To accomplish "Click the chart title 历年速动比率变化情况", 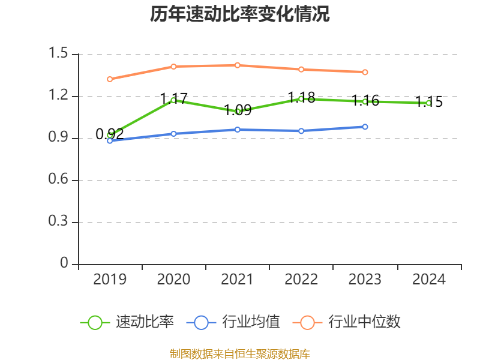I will (x=240, y=14).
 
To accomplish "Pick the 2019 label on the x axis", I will (x=110, y=280).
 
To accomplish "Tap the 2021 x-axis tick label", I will (x=238, y=280).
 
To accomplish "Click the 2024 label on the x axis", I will (x=429, y=280).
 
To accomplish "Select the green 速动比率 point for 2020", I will (x=173, y=100).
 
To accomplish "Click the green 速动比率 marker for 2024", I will (x=428, y=103).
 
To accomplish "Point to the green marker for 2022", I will (x=301, y=99).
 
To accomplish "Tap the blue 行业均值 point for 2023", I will (x=365, y=127).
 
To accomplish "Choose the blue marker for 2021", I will (x=238, y=130).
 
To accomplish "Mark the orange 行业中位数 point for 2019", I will (x=110, y=79).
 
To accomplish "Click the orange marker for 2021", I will (x=238, y=65).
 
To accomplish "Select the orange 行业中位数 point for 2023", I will (x=365, y=72).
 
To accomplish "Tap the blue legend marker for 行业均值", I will (x=201, y=322).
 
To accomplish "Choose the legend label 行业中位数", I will (x=364, y=322).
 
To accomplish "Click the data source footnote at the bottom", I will (x=240, y=353).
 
